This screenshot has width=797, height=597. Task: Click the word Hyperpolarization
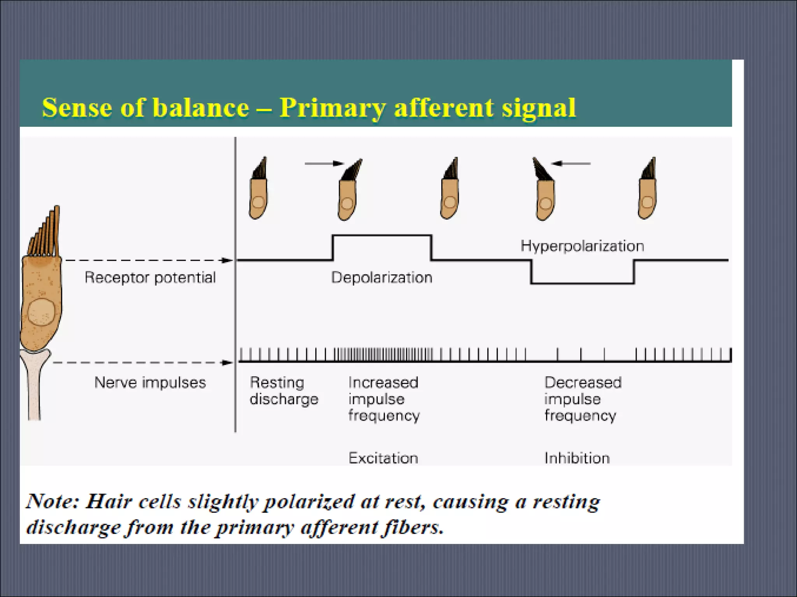[x=582, y=246]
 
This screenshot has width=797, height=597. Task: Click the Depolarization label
[x=381, y=278]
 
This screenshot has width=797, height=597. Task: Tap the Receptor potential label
[x=150, y=278]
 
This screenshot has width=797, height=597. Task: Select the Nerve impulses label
[x=150, y=382]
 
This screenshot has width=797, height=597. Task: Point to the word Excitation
[x=383, y=458]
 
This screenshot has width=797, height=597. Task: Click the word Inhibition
[x=577, y=458]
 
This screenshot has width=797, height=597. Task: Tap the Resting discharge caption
[x=284, y=391]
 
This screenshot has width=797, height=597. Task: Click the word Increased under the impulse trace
[x=383, y=382]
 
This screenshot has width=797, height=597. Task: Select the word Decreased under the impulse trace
[x=583, y=382]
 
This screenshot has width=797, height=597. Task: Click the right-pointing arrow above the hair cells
[x=324, y=164]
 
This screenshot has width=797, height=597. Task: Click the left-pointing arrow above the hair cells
[x=571, y=164]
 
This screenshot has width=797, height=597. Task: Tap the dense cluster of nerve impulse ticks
[x=383, y=354]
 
